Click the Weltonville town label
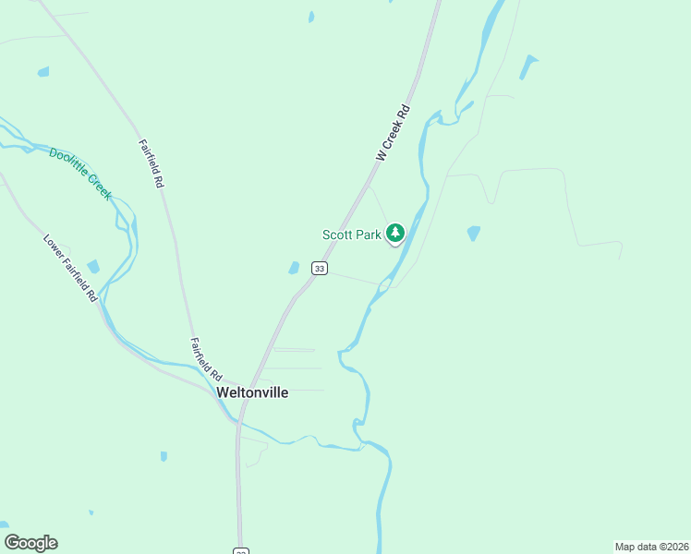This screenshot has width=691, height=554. pos(252,392)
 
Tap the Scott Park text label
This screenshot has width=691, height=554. pos(351,235)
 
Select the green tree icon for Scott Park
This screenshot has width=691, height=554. pos(395,233)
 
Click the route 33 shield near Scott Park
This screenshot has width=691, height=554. pos(319,269)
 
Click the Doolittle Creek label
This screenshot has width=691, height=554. pos(80,174)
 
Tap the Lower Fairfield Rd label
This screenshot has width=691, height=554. pos(70,268)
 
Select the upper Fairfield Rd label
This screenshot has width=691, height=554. pos(152,163)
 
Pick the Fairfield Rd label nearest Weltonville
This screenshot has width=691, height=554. pos(206,360)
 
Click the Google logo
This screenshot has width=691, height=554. pos(30,543)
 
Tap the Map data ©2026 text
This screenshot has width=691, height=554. pos(651,546)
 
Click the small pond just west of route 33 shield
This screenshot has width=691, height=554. pos(294,268)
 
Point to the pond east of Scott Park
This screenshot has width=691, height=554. pos(474,234)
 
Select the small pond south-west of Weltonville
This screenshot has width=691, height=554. pos(164,456)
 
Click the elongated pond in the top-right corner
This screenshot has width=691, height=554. pos(527,66)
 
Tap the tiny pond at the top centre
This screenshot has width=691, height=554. pos(311,17)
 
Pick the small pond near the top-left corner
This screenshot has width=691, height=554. pos(43,71)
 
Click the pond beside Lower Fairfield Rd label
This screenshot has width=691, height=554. pos(93,267)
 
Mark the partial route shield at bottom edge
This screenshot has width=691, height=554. pos(240,551)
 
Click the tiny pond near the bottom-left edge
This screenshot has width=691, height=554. pos(91,512)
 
